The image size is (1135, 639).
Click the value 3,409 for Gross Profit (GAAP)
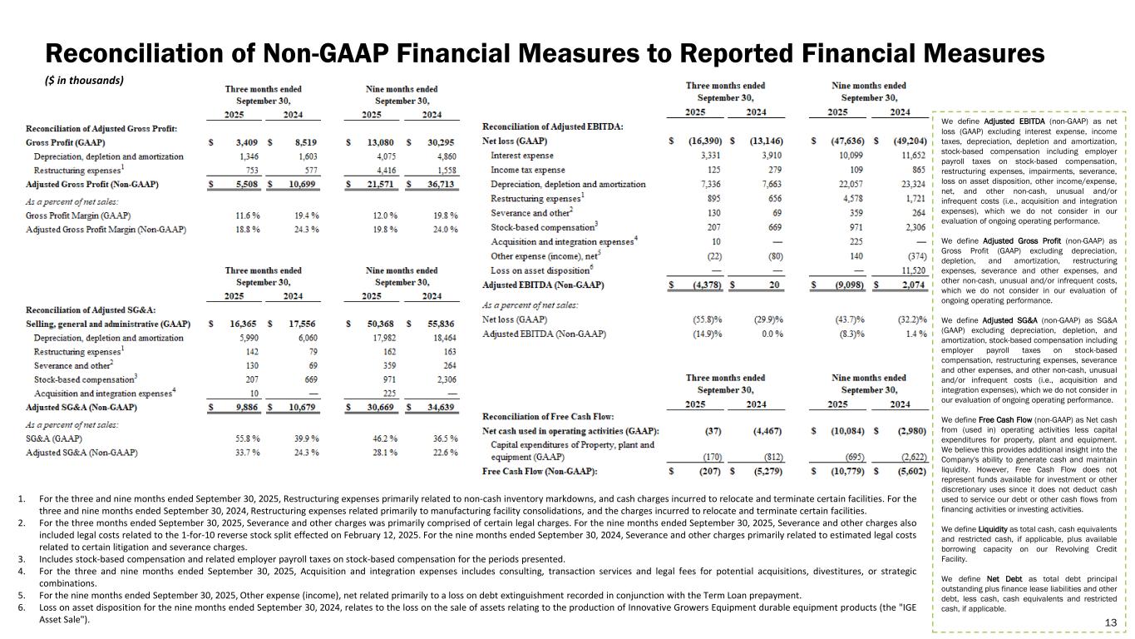pyautogui.click(x=241, y=142)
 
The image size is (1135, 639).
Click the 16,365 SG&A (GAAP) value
pyautogui.click(x=240, y=324)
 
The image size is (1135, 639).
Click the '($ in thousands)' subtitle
pyautogui.click(x=84, y=81)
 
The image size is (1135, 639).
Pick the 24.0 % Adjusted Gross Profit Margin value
pyautogui.click(x=441, y=230)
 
